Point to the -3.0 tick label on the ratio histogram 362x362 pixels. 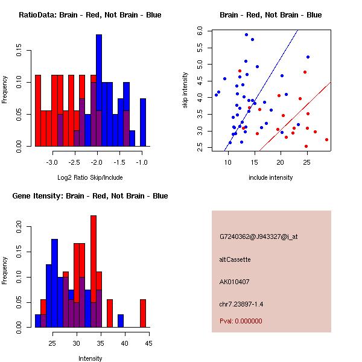click(52, 163)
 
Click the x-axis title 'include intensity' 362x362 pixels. click(271, 177)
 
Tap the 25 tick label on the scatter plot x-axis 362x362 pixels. click(307, 162)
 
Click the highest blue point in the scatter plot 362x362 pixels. click(246, 35)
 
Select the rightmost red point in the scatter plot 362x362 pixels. click(326, 139)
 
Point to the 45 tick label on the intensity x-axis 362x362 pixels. click(148, 343)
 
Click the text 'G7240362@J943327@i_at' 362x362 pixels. click(258, 237)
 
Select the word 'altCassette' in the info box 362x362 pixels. click(235, 259)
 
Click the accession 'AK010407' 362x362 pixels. click(235, 282)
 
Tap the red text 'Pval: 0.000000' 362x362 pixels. click(241, 321)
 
